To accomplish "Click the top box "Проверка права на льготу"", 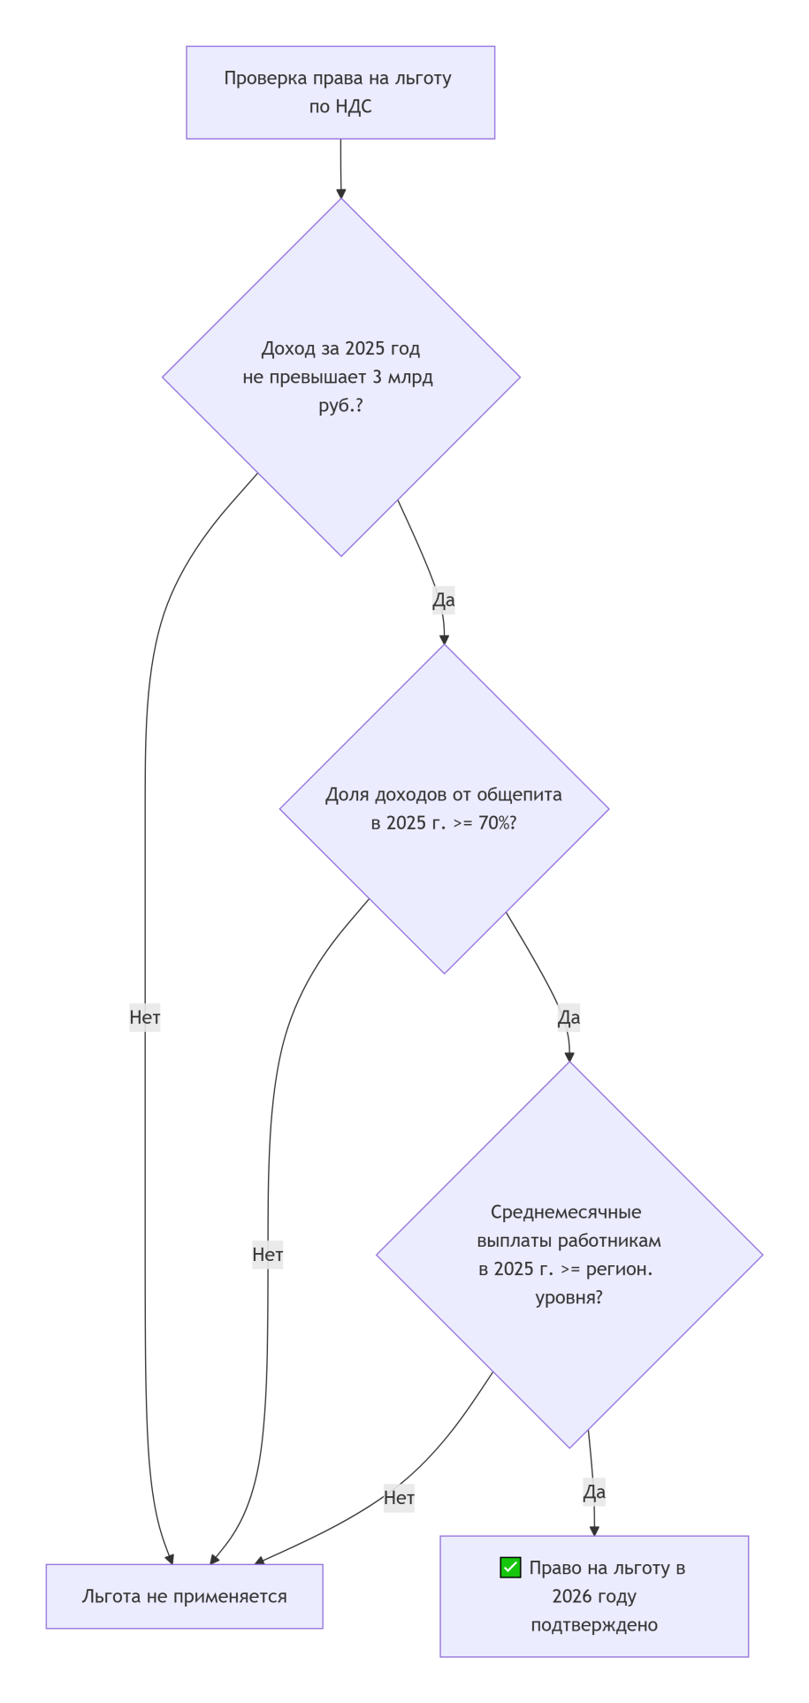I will [x=340, y=92].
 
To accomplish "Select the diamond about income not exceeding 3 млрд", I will [x=340, y=378].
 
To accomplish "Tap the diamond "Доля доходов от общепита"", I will [x=444, y=808].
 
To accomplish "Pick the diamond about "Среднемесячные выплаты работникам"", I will [x=569, y=1254].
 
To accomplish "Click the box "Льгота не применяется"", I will [x=184, y=1596].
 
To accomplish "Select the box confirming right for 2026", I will [x=594, y=1596].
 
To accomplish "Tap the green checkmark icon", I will [x=510, y=1568].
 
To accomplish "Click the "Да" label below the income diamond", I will [x=443, y=599].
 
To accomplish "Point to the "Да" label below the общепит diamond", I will [x=569, y=1018].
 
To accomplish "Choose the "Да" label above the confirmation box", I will [x=594, y=1493].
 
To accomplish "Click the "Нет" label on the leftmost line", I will [x=145, y=1018].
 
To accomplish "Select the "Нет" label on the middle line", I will [x=268, y=1254].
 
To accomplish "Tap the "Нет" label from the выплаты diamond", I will [x=399, y=1498].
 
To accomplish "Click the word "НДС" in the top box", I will [x=354, y=107].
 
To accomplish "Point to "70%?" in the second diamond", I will [x=497, y=823].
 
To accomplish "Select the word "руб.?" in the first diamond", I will [x=340, y=406].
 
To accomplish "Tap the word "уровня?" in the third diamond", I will [x=569, y=1297].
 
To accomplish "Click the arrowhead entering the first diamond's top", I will [x=340, y=193].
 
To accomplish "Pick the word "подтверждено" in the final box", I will [x=594, y=1624].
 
